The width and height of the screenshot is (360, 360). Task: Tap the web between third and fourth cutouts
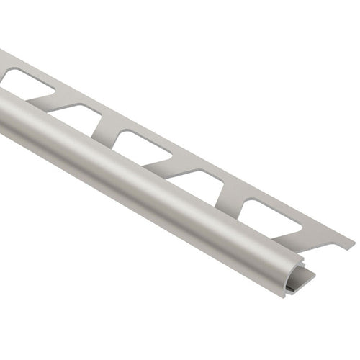point(173,163)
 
